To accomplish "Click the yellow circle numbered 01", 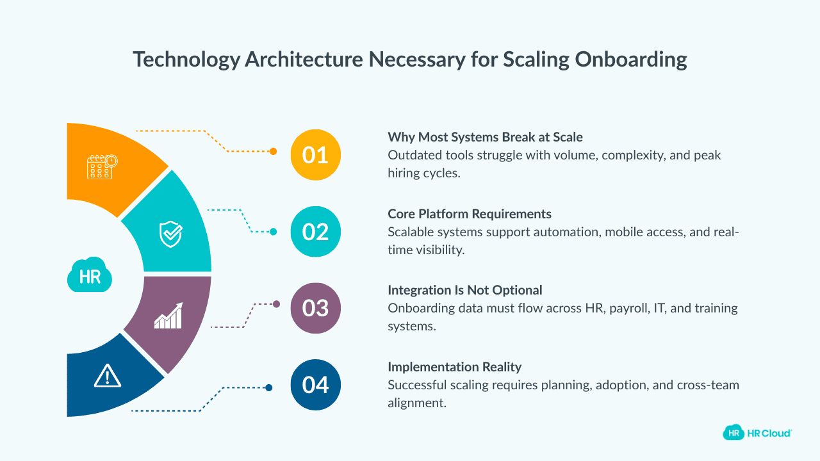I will [x=315, y=155].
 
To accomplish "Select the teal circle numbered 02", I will [x=315, y=231].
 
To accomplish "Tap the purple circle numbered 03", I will [x=315, y=308].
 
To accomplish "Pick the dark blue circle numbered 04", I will [x=315, y=385].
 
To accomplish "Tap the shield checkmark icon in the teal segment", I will [x=170, y=234].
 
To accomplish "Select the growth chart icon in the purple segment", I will [x=168, y=316].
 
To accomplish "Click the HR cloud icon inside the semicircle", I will [x=90, y=276].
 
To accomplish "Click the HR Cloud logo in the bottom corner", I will [x=757, y=433].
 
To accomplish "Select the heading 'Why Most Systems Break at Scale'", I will [x=485, y=137].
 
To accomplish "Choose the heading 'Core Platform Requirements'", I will [x=470, y=214].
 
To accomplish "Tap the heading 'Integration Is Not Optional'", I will [x=465, y=290].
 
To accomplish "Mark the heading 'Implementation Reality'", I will [x=455, y=367].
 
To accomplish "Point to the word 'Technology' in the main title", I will [x=185, y=60].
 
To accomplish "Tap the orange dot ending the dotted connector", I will [x=274, y=152].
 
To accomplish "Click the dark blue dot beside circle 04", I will [x=269, y=387].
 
